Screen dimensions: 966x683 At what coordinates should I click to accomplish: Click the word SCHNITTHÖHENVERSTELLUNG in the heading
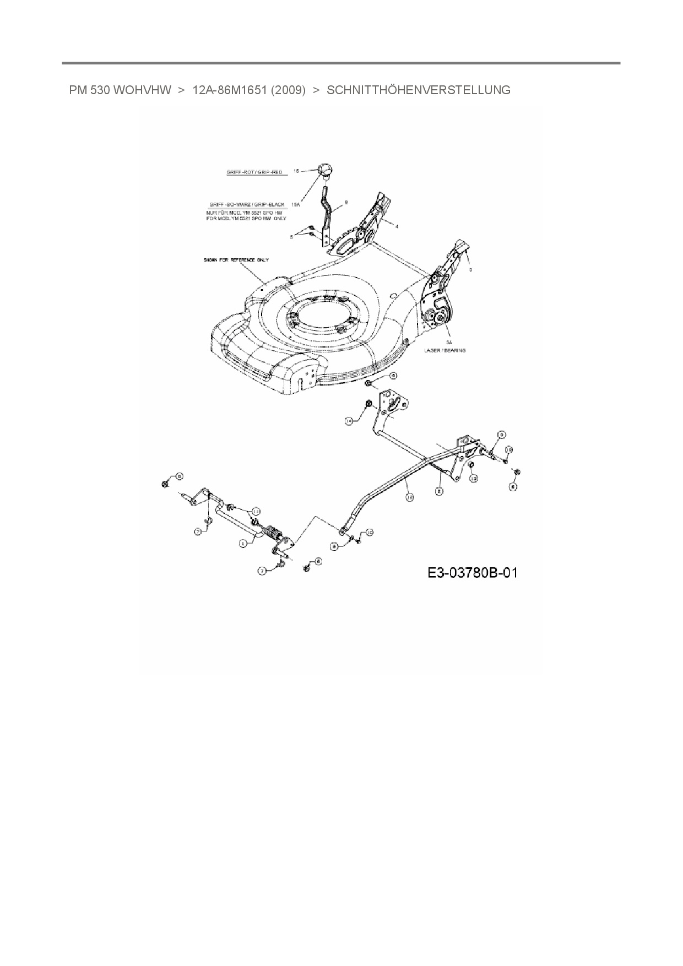point(418,90)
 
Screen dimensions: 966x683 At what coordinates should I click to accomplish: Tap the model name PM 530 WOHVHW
point(120,90)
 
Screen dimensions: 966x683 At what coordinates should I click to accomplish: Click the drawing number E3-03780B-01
point(473,573)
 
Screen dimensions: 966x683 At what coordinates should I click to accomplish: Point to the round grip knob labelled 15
point(326,169)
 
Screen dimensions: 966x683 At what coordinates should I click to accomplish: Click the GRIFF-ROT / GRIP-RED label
point(254,172)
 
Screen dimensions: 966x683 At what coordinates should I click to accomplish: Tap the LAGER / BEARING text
point(445,350)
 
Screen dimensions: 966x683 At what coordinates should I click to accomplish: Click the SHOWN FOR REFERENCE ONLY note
point(235,259)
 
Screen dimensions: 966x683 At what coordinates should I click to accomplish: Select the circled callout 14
point(349,421)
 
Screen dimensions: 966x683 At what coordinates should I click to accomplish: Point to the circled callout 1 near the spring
point(243,543)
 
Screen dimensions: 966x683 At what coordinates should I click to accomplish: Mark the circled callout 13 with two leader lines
point(256,511)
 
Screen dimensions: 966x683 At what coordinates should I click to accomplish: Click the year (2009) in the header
point(288,90)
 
